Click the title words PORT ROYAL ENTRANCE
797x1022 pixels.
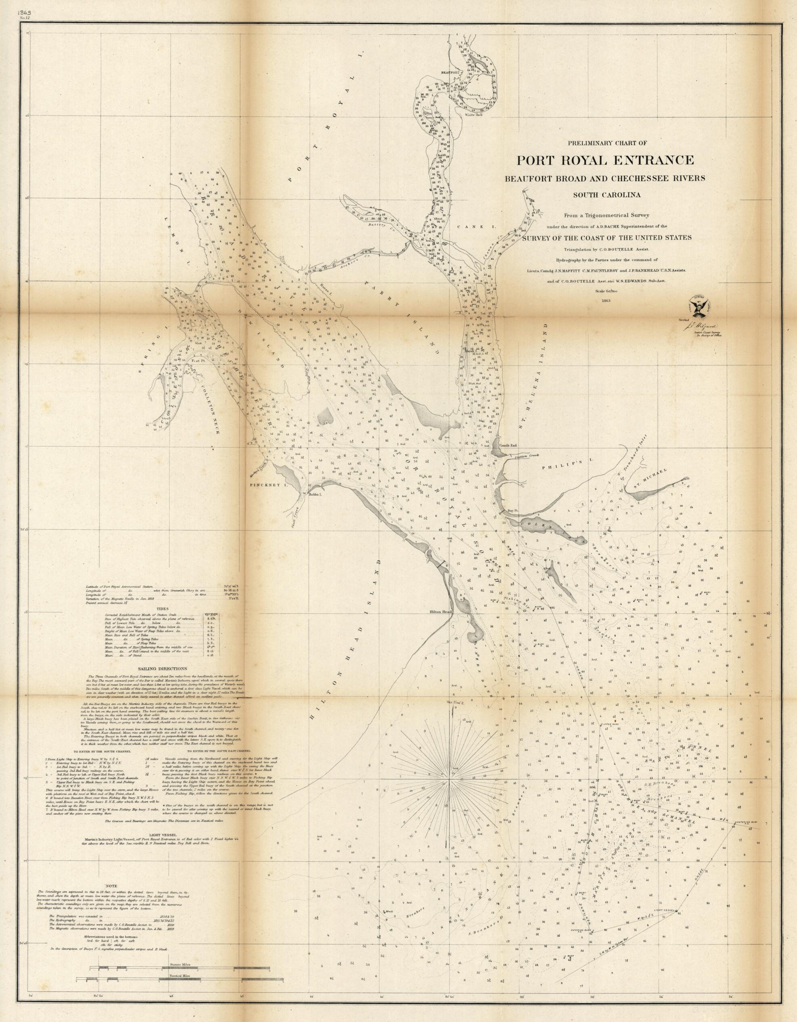(605, 160)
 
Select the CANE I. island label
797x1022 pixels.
(470, 226)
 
